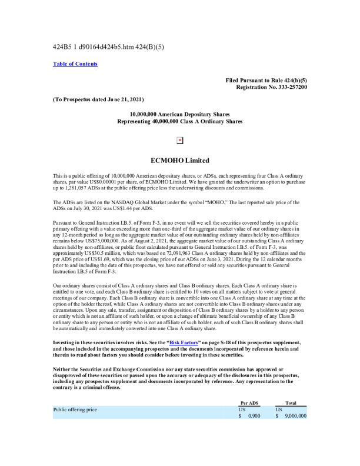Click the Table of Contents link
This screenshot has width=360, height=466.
coord(75,64)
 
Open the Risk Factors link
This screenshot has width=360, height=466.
coord(184,342)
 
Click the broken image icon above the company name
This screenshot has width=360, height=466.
coord(180,141)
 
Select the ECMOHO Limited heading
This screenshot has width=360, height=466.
coord(180,160)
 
